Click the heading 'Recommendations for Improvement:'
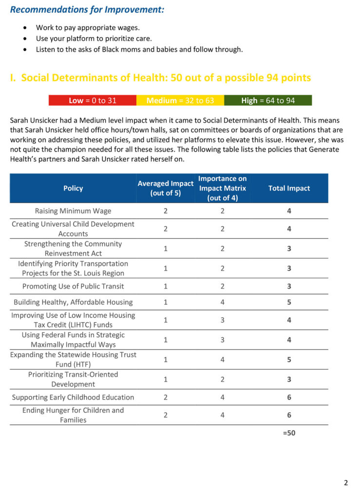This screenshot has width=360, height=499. click(87, 10)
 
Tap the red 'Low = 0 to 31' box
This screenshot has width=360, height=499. click(93, 100)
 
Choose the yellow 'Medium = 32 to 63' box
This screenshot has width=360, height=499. click(180, 100)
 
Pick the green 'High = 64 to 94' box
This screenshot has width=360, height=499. click(268, 100)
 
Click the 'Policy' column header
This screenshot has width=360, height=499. click(73, 188)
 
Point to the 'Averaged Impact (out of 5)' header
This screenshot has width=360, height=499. click(166, 188)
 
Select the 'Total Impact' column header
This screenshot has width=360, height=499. click(289, 188)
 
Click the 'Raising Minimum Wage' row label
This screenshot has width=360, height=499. click(73, 211)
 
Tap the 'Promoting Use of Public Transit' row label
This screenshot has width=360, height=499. click(73, 286)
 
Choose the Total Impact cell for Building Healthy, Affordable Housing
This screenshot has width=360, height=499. click(289, 302)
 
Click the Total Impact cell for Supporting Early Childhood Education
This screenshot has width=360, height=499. click(289, 397)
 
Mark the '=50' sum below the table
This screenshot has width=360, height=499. click(289, 433)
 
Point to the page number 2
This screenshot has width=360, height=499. click(346, 483)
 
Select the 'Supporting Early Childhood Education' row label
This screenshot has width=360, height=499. click(73, 397)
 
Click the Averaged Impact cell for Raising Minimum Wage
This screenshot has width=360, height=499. click(166, 211)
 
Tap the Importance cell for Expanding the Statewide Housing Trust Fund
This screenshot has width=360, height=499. click(222, 360)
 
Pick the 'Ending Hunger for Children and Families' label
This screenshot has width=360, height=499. click(73, 415)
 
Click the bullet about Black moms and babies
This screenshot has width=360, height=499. click(139, 49)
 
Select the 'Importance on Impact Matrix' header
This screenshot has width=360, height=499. click(222, 188)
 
